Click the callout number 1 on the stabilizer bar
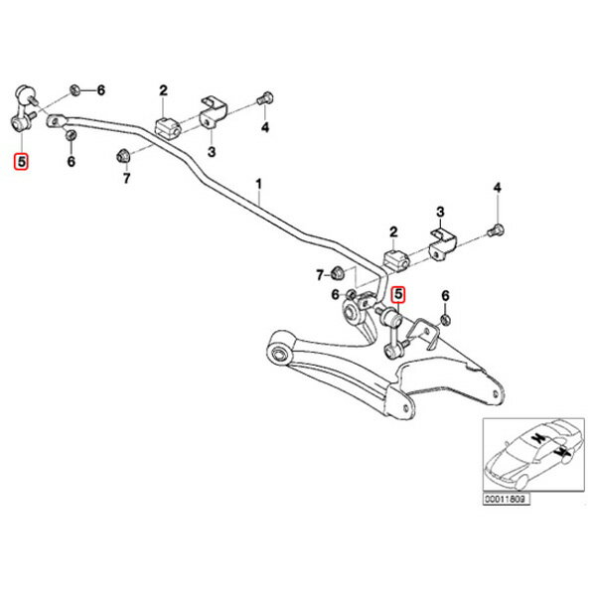[x=258, y=185]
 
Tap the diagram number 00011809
[x=506, y=499]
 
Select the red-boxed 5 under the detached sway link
[x=21, y=162]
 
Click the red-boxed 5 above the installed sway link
[x=398, y=294]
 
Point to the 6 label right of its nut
[x=100, y=90]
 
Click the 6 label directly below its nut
[x=72, y=162]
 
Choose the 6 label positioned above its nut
[x=445, y=296]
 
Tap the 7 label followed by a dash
[x=320, y=274]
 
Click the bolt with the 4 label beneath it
[x=264, y=98]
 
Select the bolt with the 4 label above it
[x=497, y=230]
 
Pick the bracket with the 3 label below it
[x=214, y=112]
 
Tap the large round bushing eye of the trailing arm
[x=278, y=354]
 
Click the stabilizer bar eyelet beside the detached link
[x=56, y=121]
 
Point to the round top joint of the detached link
[x=25, y=93]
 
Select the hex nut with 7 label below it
[x=122, y=155]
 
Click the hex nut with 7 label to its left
[x=337, y=272]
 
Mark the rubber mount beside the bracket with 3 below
[x=167, y=128]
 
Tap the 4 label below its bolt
[x=265, y=127]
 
